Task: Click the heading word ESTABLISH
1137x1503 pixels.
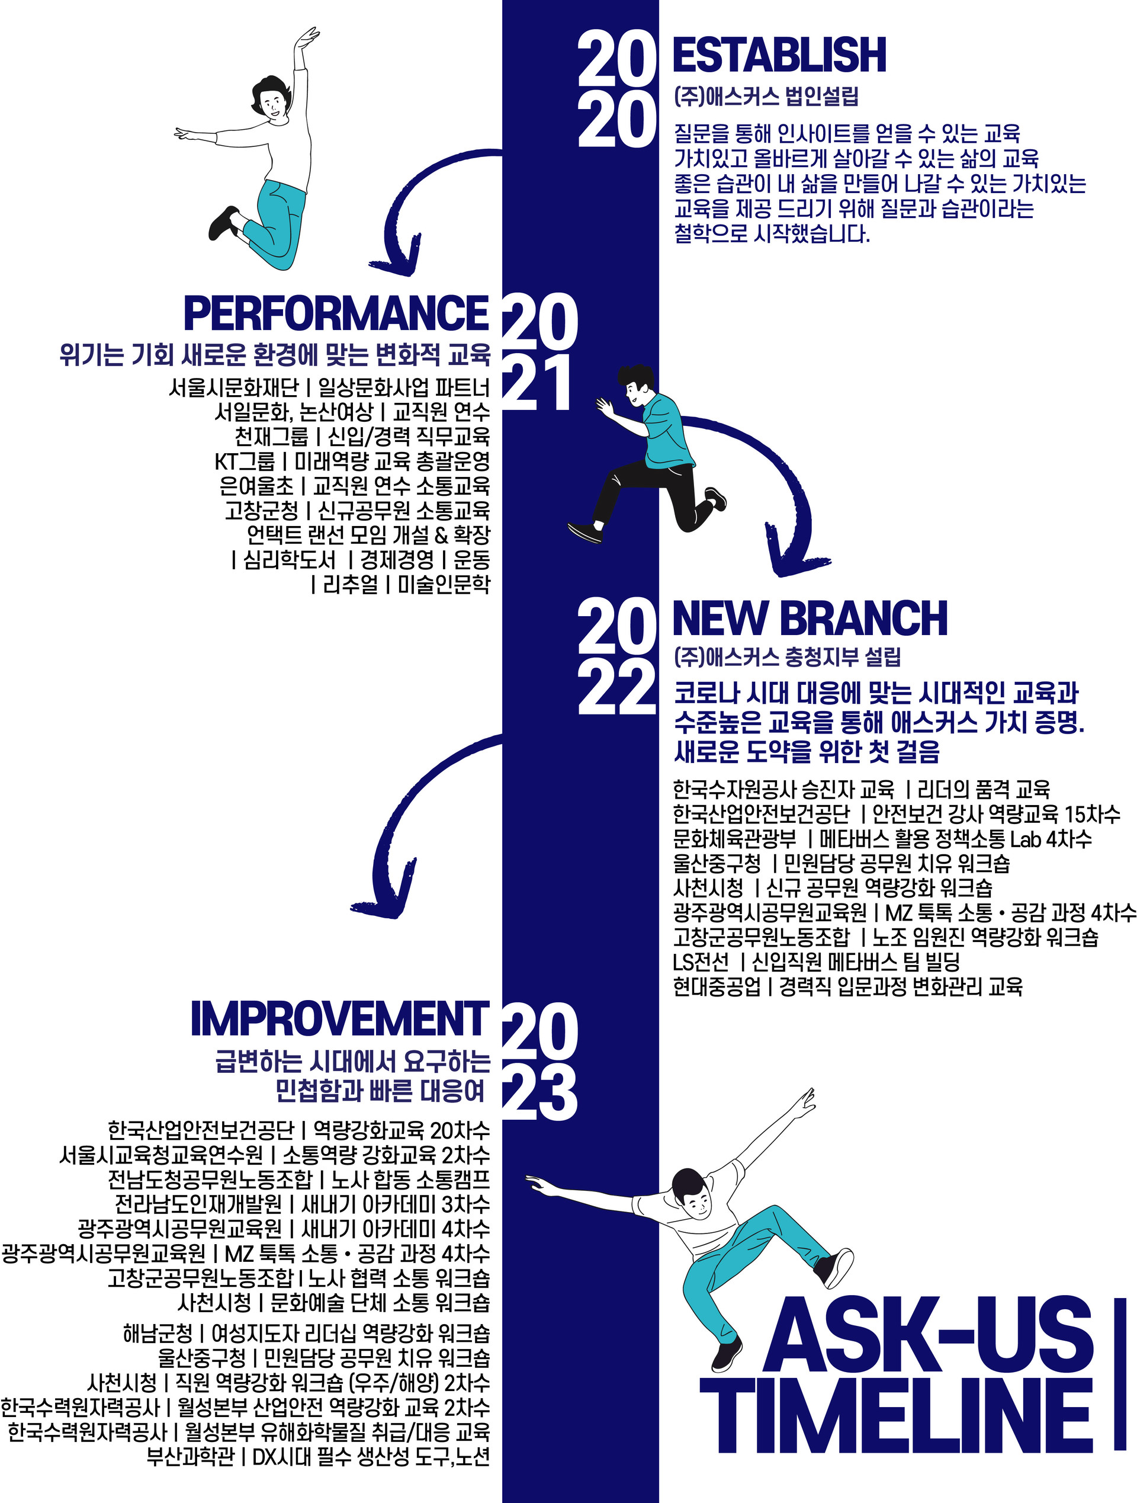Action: pyautogui.click(x=779, y=55)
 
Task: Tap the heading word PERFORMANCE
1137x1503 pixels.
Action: pyautogui.click(x=336, y=313)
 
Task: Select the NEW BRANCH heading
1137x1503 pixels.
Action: pyautogui.click(x=809, y=618)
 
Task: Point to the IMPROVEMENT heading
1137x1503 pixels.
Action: pyautogui.click(x=339, y=1019)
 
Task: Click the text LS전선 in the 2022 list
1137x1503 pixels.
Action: pyautogui.click(x=701, y=962)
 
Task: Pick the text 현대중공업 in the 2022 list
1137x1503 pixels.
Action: pyautogui.click(x=717, y=986)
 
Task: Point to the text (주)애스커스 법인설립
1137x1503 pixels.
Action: pyautogui.click(x=766, y=97)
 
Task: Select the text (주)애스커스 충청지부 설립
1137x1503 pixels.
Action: pyautogui.click(x=787, y=657)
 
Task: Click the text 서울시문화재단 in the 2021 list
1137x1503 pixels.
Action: pyautogui.click(x=234, y=388)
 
